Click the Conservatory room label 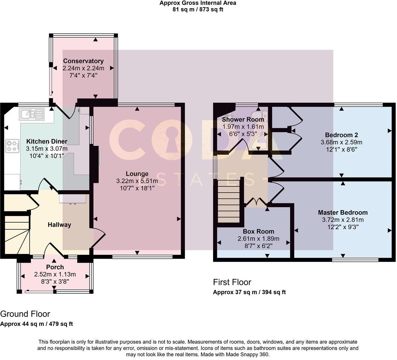(83, 61)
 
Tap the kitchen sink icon (32, 114)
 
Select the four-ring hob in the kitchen (12, 146)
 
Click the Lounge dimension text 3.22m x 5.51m (137, 181)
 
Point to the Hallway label (60, 225)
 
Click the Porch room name (55, 267)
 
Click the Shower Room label (243, 119)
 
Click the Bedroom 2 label (341, 135)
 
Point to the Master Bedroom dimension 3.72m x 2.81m (342, 220)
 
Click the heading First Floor (232, 282)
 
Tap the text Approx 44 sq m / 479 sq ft (37, 324)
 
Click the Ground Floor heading (25, 314)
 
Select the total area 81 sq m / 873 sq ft (198, 10)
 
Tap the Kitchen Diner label (46, 141)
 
